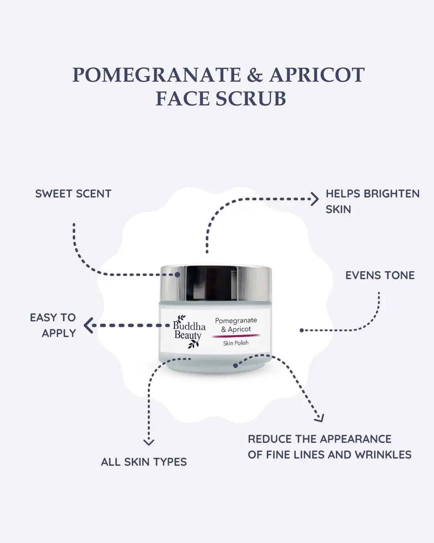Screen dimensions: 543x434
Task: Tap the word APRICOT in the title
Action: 317,75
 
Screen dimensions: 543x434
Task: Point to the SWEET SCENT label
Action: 73,193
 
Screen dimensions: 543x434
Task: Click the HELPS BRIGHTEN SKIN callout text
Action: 372,201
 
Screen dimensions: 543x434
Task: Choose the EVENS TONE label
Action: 380,276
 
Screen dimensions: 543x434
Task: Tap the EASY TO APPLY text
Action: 53,325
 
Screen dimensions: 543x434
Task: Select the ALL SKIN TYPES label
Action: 144,462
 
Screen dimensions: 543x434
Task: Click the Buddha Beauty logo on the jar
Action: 188,330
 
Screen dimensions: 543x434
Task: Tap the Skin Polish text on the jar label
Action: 236,343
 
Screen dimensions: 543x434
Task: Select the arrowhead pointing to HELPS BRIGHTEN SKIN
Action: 315,199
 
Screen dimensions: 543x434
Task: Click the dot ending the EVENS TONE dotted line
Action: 301,330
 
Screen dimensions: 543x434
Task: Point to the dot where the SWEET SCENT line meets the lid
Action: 177,274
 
